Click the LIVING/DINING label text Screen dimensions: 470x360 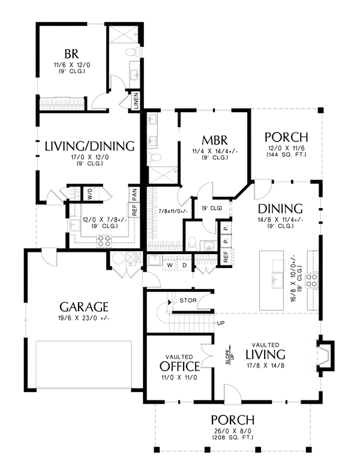[x=88, y=146]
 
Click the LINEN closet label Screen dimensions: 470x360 [x=136, y=101]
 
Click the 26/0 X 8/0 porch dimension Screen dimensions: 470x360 [x=232, y=430]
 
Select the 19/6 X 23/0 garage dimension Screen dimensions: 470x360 [x=83, y=318]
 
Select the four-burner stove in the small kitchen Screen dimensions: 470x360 [x=103, y=241]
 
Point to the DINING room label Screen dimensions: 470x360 [x=280, y=209]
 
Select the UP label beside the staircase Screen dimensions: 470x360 [x=220, y=323]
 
